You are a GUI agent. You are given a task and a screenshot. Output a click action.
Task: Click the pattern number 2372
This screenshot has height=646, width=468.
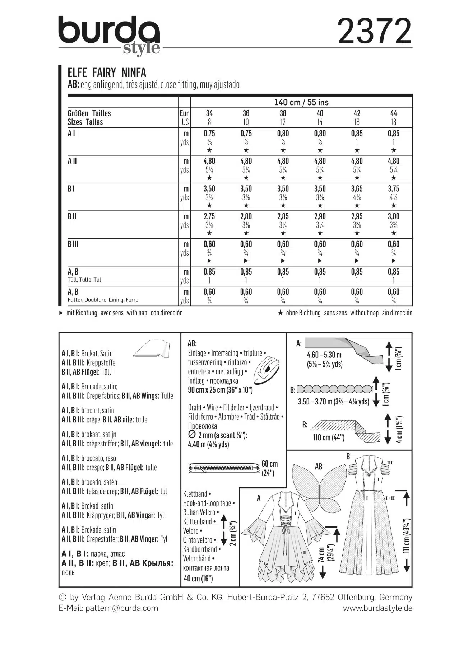click(374, 32)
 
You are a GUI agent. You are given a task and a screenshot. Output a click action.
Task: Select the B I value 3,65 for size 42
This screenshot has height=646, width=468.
click(357, 189)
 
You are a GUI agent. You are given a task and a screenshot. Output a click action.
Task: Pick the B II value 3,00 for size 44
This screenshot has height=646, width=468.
click(393, 216)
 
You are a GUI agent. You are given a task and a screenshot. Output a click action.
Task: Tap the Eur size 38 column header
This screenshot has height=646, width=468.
click(283, 113)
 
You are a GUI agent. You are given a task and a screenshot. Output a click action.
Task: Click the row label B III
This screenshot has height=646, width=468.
click(73, 244)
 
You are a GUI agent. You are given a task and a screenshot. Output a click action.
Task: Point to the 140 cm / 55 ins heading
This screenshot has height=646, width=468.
click(301, 103)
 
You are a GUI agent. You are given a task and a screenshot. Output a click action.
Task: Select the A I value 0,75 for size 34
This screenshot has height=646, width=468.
click(209, 134)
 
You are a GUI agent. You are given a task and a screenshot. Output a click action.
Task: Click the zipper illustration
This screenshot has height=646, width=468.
click(223, 468)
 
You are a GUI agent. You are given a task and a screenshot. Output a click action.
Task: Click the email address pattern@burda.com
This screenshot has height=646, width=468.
click(122, 608)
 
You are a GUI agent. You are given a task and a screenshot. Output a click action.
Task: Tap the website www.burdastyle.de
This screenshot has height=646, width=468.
click(377, 608)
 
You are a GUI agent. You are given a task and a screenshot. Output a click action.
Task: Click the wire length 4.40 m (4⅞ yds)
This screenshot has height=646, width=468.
click(208, 444)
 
